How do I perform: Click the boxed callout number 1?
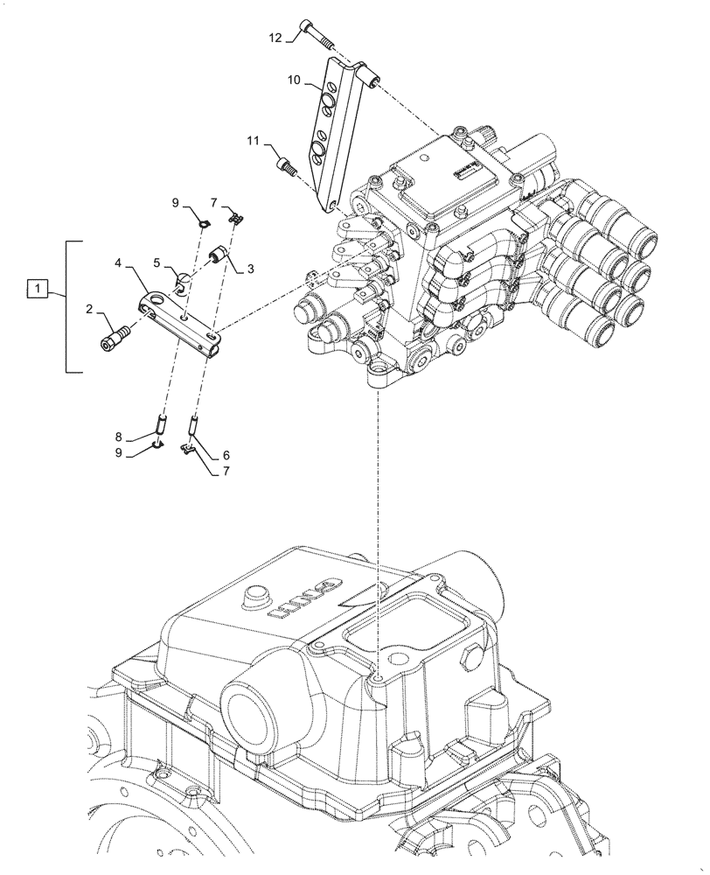tap(37, 286)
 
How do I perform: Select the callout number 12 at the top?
tap(275, 38)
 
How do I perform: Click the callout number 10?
tap(294, 80)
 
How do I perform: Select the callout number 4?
tap(119, 262)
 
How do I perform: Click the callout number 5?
tap(157, 262)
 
